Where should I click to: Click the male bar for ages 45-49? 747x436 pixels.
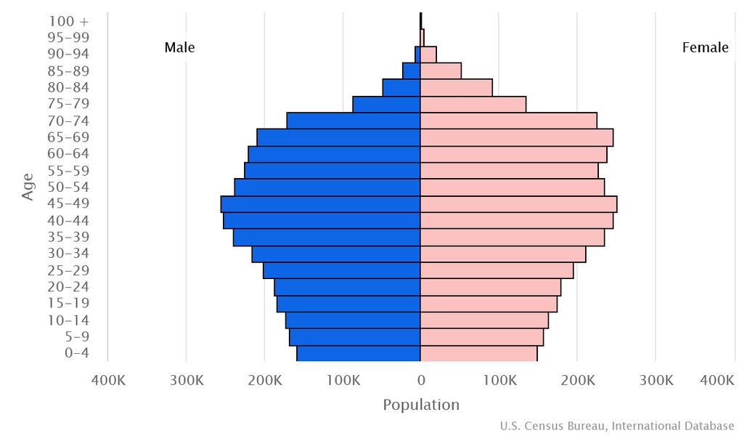pos(320,204)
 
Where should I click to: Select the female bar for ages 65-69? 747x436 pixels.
pos(516,137)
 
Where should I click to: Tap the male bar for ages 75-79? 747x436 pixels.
pos(386,104)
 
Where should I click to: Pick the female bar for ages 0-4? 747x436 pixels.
pos(478,354)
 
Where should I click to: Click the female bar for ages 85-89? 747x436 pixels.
pos(441,70)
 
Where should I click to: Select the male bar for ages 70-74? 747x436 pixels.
pos(354,121)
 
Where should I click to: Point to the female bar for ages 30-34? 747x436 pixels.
pos(503,254)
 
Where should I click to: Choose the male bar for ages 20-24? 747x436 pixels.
pos(347,287)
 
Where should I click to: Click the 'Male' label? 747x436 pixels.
pos(179,48)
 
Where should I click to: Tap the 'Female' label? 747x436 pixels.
pos(705,48)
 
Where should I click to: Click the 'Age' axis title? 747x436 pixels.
pos(28,187)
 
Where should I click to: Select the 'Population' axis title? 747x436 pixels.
pos(421,405)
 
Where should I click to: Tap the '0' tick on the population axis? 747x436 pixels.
pos(421,379)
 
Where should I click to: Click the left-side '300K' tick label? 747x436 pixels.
pos(186,379)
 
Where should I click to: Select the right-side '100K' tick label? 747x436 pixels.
pos(499,379)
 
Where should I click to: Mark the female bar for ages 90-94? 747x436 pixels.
pos(428,54)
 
